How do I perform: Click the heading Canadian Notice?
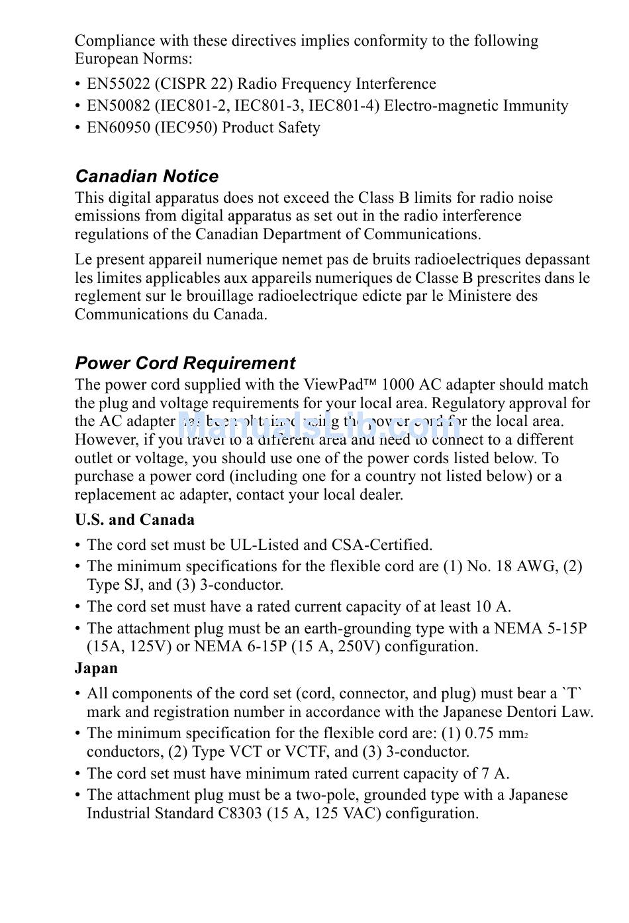point(146,176)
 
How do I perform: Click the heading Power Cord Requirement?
point(185,363)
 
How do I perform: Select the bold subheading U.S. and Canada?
point(134,519)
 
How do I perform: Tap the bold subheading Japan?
point(96,668)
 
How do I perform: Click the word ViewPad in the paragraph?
point(334,385)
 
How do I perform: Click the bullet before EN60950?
point(78,128)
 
